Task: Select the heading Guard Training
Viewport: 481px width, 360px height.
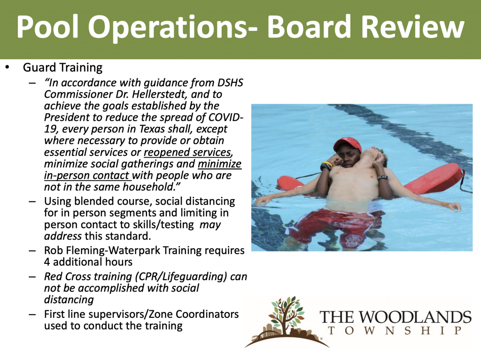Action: pyautogui.click(x=62, y=68)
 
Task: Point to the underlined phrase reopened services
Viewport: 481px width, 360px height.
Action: pyautogui.click(x=187, y=152)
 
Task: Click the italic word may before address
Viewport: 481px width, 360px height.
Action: pyautogui.click(x=210, y=225)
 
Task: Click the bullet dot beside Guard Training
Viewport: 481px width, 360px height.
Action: pyautogui.click(x=8, y=68)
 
